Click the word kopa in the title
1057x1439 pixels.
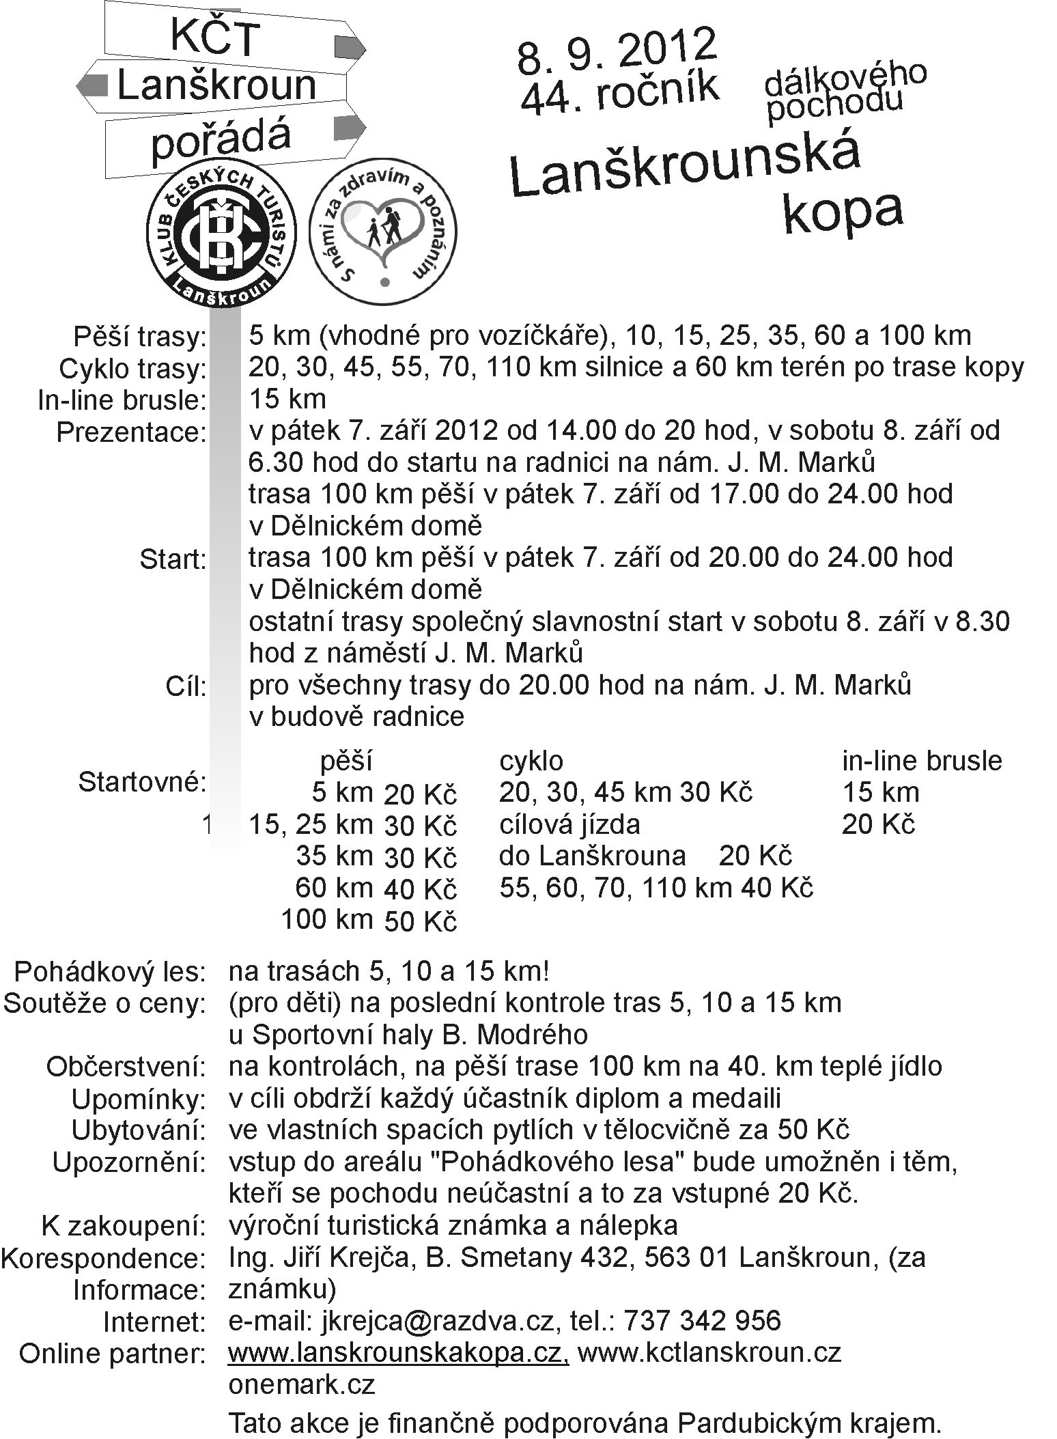tap(843, 212)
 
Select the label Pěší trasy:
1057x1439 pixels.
tap(139, 337)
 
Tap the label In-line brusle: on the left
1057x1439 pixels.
tap(122, 401)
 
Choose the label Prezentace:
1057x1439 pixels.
tap(131, 433)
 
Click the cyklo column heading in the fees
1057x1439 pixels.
tap(531, 761)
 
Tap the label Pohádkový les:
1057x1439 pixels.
tap(110, 971)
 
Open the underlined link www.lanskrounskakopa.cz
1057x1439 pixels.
tap(398, 1352)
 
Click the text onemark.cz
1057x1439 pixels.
tap(302, 1384)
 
